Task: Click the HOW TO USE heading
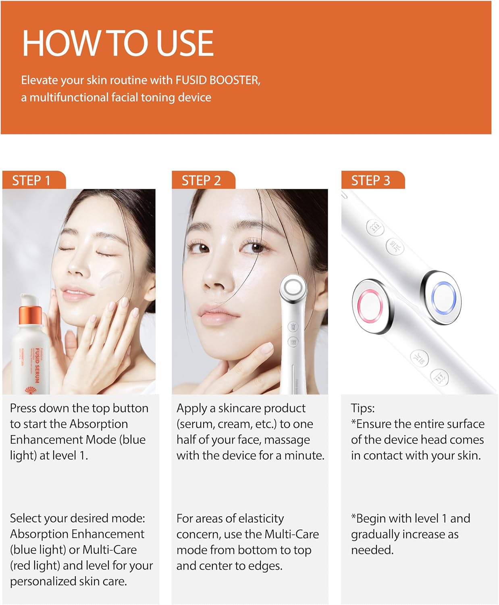(x=117, y=43)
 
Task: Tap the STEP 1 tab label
(x=31, y=180)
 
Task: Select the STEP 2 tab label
(x=201, y=180)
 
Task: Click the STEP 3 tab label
(x=370, y=180)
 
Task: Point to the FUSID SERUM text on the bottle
(x=37, y=365)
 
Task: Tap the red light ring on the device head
(x=370, y=305)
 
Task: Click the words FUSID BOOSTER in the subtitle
(x=217, y=80)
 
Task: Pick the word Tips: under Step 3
(x=363, y=408)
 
